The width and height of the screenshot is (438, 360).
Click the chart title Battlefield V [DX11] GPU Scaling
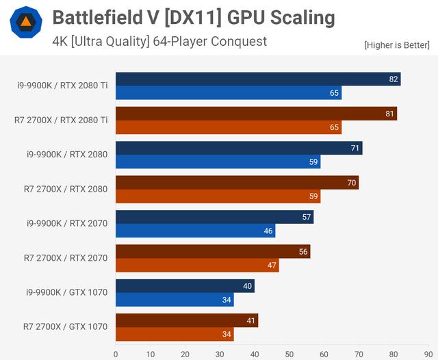pyautogui.click(x=194, y=17)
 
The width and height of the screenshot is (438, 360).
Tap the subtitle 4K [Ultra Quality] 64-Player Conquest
pyautogui.click(x=159, y=41)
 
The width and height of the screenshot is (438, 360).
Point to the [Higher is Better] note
pyautogui.click(x=398, y=45)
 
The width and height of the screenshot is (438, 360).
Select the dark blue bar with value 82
pyautogui.click(x=257, y=79)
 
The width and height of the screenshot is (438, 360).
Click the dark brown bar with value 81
pyautogui.click(x=256, y=114)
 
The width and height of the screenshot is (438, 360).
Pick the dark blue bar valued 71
pyautogui.click(x=238, y=148)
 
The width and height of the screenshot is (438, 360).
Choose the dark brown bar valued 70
pyautogui.click(x=237, y=183)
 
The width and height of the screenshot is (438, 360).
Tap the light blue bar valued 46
pyautogui.click(x=195, y=231)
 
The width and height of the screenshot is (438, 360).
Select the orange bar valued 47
pyautogui.click(x=197, y=265)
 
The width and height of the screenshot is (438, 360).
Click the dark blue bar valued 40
pyautogui.click(x=185, y=286)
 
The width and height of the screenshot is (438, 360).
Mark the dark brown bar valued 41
pyautogui.click(x=186, y=320)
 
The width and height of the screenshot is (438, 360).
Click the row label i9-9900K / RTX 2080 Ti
pyautogui.click(x=62, y=86)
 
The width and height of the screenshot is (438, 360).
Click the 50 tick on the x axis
pyautogui.click(x=289, y=354)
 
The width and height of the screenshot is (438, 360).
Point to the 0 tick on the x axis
pyautogui.click(x=116, y=354)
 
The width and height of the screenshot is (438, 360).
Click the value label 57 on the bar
pyautogui.click(x=307, y=217)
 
